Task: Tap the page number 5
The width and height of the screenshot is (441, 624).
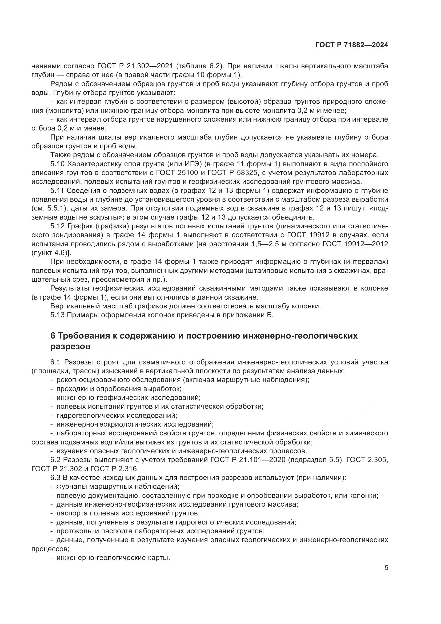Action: point(386,568)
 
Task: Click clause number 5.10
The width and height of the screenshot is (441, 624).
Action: point(58,164)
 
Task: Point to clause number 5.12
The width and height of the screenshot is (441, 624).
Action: point(58,226)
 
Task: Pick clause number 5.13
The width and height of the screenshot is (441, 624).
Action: point(58,315)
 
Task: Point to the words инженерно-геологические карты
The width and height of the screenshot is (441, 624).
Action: point(113,558)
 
